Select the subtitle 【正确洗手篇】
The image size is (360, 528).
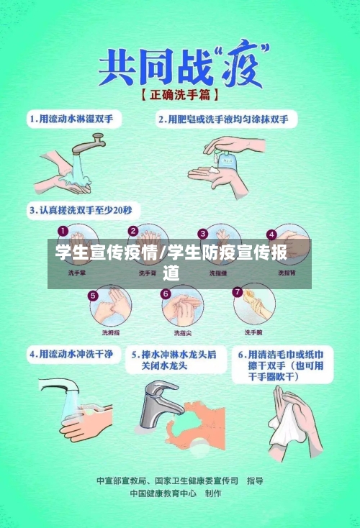point(180,94)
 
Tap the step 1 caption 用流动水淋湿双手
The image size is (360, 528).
point(76,118)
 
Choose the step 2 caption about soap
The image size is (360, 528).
point(228,118)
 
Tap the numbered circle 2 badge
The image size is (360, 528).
point(133,232)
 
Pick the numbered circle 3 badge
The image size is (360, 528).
point(204,233)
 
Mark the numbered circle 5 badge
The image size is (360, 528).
point(93,295)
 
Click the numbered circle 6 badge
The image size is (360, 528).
point(165,293)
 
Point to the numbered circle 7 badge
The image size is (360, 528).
point(238,292)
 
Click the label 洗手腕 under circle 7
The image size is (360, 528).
point(253,332)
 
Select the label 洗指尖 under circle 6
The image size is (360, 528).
point(182,333)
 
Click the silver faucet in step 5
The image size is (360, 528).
point(160,402)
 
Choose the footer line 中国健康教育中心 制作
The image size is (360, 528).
point(175,494)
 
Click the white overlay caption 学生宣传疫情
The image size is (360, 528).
point(108,253)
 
